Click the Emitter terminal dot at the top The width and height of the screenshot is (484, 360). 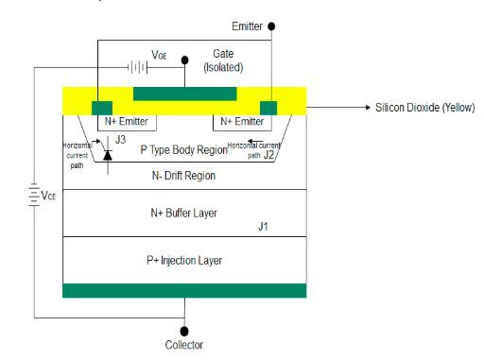(x=272, y=26)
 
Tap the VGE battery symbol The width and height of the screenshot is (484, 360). (x=139, y=68)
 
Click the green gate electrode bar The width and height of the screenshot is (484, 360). (x=184, y=93)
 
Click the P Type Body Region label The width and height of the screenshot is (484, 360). (x=183, y=149)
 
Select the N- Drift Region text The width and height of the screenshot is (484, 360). (x=183, y=176)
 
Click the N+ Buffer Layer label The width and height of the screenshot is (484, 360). (x=183, y=213)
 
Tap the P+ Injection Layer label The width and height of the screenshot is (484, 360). (x=183, y=260)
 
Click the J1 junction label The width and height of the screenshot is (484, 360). (x=266, y=228)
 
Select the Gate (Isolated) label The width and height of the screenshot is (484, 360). (x=223, y=61)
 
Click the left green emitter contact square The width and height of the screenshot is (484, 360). (x=101, y=106)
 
